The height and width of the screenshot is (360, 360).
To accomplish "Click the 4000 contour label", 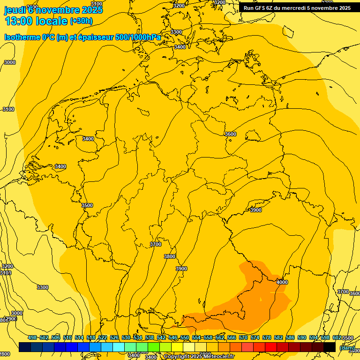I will point(282,282).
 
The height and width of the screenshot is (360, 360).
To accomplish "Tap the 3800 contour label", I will point(170,256).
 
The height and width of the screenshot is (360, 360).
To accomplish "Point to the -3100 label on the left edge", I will point(8,109).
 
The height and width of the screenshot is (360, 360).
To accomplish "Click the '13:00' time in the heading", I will point(18,21).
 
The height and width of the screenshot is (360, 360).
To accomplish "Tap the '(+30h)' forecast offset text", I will point(81,21).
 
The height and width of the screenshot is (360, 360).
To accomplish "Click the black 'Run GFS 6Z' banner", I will point(297,7).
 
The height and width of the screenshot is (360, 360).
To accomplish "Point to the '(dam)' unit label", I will point(347,347).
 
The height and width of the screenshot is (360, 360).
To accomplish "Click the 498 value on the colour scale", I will point(32,337).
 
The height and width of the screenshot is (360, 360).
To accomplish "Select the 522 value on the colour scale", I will point(103,337).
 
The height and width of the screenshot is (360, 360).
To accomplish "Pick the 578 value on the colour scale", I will point(267,337).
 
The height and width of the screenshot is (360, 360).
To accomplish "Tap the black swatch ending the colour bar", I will point(330,347).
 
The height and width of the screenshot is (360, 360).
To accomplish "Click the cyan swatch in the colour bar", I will point(119,347).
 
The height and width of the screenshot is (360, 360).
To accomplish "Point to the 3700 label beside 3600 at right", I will point(343,292).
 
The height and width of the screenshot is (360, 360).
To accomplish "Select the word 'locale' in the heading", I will point(51,21).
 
